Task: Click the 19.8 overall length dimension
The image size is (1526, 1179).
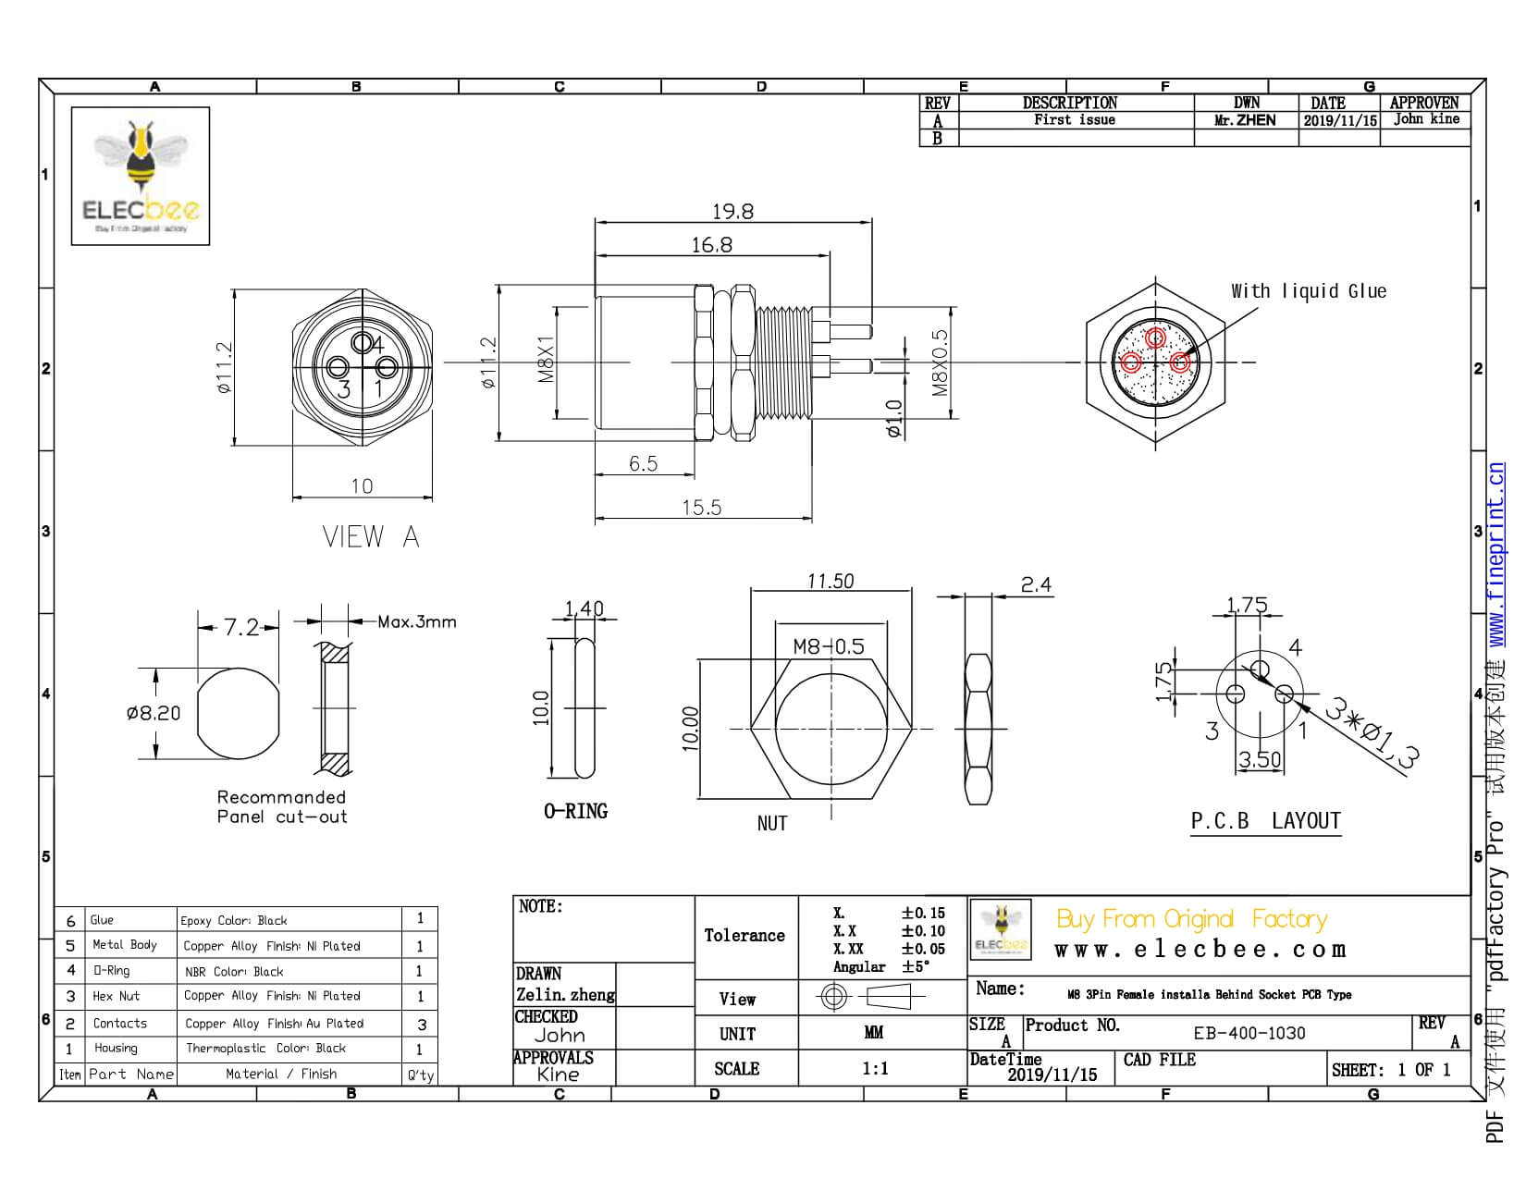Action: coord(732,212)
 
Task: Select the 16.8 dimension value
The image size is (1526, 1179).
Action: coord(711,245)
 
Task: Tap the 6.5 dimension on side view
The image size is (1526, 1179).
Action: coord(643,463)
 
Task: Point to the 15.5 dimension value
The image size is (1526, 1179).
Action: coord(701,508)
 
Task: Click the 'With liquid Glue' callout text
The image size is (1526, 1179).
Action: coord(1308,291)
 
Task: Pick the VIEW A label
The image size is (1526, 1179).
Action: coord(370,537)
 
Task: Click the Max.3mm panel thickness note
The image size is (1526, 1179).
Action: coord(416,622)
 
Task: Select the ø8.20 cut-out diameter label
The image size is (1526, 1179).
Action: coord(154,713)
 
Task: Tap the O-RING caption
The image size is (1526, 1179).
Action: coord(575,811)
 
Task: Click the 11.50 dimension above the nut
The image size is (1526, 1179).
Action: coord(830,582)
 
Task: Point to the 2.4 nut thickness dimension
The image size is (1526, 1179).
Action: coord(1036,584)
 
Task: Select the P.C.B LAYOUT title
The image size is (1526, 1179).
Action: coord(1265,821)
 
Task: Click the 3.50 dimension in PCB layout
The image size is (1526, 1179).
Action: coord(1260,760)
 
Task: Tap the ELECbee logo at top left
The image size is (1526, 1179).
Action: coord(141,176)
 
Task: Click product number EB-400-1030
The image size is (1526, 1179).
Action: coord(1249,1033)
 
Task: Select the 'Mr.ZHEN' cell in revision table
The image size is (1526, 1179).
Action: coord(1245,120)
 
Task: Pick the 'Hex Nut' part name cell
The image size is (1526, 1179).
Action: coord(116,996)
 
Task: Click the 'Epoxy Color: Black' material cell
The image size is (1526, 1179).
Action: coord(234,920)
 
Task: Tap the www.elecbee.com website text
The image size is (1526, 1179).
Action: coord(1200,950)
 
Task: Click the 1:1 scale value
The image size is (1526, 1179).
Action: coord(875,1069)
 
